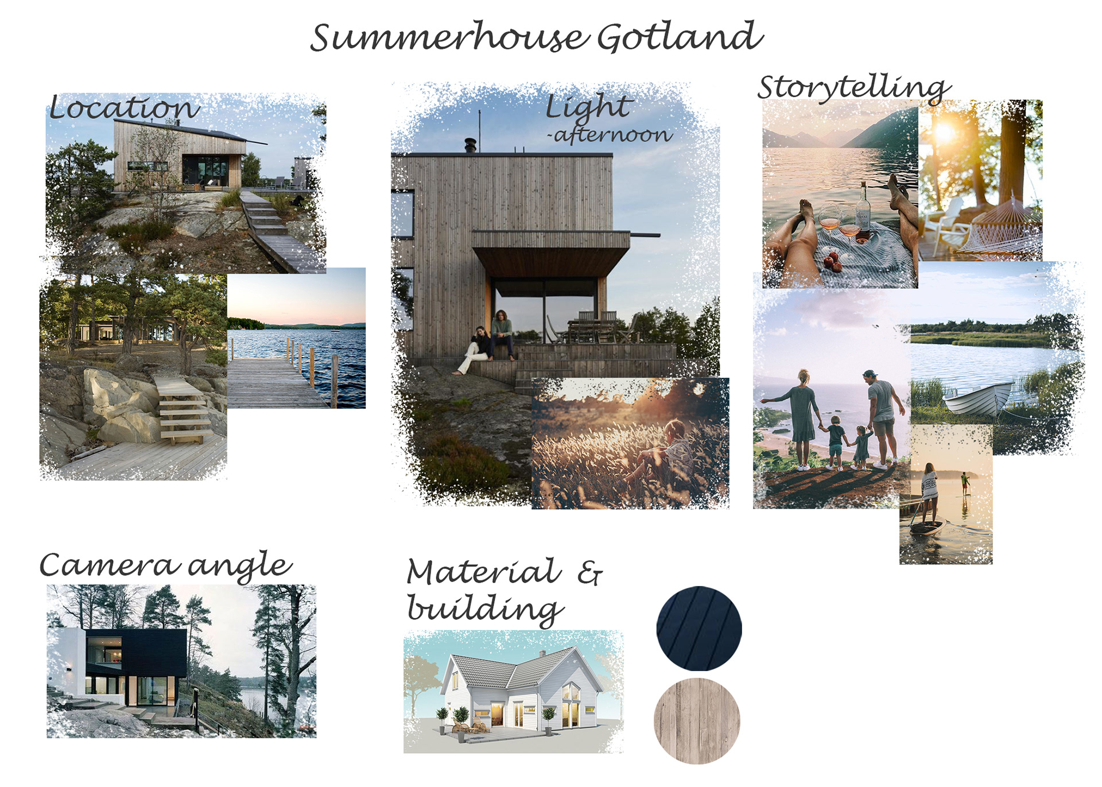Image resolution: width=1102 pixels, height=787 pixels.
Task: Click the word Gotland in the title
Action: tap(680, 37)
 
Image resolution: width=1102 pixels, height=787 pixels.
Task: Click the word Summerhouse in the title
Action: tap(449, 38)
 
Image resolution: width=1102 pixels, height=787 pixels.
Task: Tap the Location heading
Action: tap(124, 108)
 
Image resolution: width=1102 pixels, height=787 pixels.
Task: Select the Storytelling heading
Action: tap(853, 88)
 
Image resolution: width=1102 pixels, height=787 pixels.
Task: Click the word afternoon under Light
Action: tap(612, 135)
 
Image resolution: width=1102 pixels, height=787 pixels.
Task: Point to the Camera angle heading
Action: tap(165, 565)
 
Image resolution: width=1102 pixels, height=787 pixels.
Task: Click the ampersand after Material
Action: tap(589, 573)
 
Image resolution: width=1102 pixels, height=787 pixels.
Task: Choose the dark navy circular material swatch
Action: tap(699, 629)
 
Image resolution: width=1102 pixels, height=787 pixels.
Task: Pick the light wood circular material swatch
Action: tap(697, 721)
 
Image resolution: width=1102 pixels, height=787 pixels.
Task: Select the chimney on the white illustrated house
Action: tap(542, 654)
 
